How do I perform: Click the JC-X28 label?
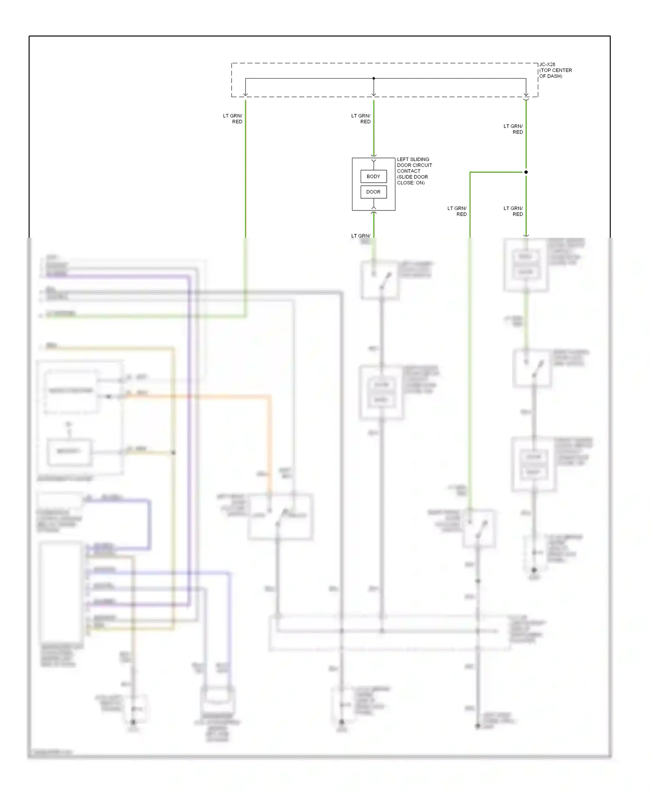pos(547,64)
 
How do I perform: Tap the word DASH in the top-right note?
pos(555,76)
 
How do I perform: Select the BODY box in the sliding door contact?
pos(373,177)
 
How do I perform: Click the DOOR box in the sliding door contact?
pos(373,192)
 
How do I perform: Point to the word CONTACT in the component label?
pos(408,171)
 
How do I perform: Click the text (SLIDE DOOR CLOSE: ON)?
pos(412,180)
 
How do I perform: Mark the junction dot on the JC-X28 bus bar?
pos(374,79)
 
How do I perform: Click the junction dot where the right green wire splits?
pos(526,172)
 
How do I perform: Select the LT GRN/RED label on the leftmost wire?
pos(233,118)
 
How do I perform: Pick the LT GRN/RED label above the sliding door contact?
pos(361,118)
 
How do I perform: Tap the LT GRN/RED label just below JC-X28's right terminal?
pos(513,129)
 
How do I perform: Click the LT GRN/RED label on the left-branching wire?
pos(457,211)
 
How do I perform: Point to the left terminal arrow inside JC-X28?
pos(246,94)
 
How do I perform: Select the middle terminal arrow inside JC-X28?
pos(374,94)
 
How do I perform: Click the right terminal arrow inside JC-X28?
pos(526,94)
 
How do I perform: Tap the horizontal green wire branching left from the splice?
pos(497,172)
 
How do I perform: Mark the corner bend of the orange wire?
pos(270,396)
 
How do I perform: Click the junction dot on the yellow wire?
pos(173,452)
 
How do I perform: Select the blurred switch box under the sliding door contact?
pos(380,280)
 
